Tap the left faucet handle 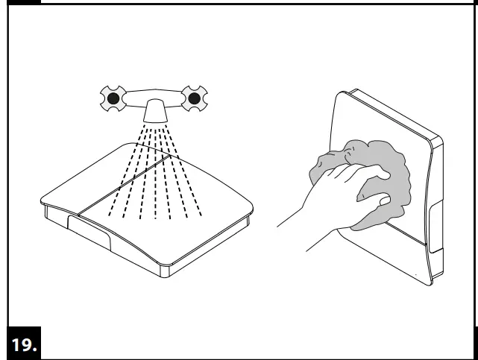tap(113, 98)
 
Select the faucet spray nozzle tap(155, 111)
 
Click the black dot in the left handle tap(113, 98)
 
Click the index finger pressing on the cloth tap(373, 174)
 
